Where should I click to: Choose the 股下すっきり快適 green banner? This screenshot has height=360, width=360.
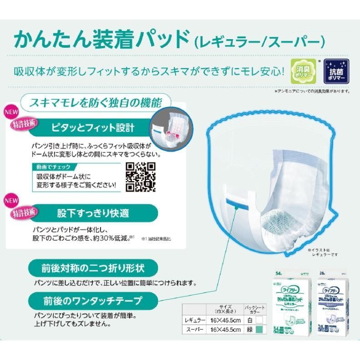point(93,212)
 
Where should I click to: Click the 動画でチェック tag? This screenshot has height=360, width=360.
point(49,167)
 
